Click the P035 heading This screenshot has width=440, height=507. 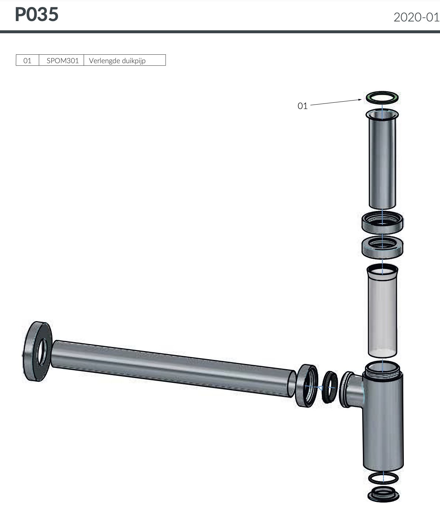[x=37, y=14]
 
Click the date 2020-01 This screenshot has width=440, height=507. [x=416, y=17]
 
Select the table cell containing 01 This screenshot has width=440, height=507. [x=27, y=60]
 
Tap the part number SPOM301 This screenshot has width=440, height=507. [x=63, y=61]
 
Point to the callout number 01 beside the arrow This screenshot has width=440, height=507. [x=302, y=106]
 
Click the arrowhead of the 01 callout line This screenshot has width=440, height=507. [x=360, y=100]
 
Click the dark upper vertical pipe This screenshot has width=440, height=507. [x=382, y=161]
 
